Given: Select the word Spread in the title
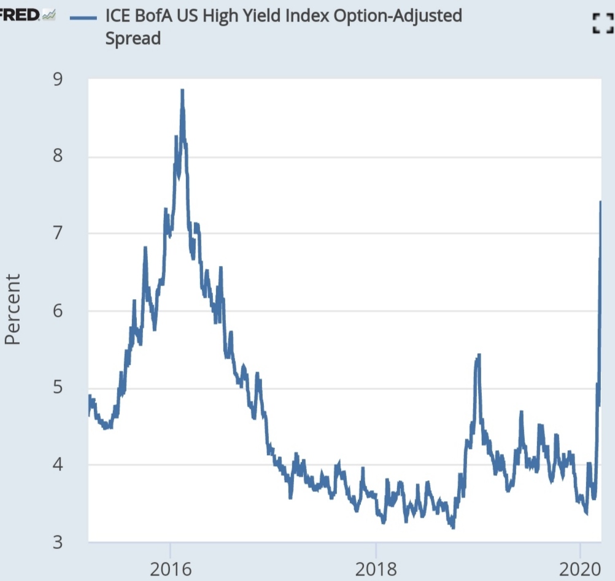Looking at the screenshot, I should [133, 38].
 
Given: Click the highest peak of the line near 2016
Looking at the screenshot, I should [182, 91].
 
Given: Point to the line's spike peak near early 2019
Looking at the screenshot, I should [478, 355].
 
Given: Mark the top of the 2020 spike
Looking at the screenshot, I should [600, 201].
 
